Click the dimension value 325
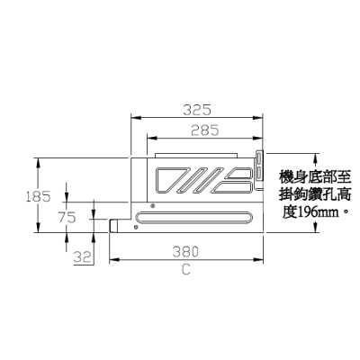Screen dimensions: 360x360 pyautogui.click(x=197, y=110)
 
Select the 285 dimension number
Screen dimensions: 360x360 pyautogui.click(x=205, y=130)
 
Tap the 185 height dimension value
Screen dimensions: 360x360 pyautogui.click(x=38, y=197)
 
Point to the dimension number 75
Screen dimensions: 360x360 pyautogui.click(x=67, y=218)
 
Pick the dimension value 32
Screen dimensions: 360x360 pyautogui.click(x=82, y=257)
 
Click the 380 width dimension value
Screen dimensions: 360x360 pyautogui.click(x=185, y=252)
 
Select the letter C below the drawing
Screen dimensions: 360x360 pyautogui.click(x=186, y=270)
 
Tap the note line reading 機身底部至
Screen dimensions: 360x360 pyautogui.click(x=315, y=177)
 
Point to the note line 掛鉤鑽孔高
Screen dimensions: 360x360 pyautogui.click(x=315, y=194)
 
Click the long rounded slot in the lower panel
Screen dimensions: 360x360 pyautogui.click(x=193, y=217)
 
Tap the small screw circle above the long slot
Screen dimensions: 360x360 pyautogui.click(x=152, y=206)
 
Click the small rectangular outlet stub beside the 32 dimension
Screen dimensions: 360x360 pyautogui.click(x=113, y=226)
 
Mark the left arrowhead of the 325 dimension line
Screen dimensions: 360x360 pyautogui.click(x=135, y=118)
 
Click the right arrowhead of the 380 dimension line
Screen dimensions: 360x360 pyautogui.click(x=258, y=259)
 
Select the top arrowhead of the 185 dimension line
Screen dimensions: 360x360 pyautogui.click(x=38, y=162)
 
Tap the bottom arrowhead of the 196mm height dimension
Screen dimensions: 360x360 pyautogui.click(x=315, y=227)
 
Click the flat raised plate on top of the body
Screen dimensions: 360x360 pyautogui.click(x=196, y=156)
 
